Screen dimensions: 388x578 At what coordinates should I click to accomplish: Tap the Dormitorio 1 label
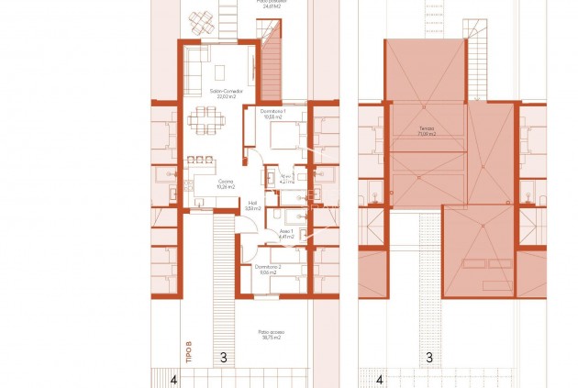(273, 111)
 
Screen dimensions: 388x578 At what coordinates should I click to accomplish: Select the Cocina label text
(225, 182)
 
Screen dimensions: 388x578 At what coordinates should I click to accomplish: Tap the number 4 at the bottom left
(174, 379)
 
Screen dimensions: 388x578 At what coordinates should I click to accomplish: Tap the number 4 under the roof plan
(379, 379)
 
